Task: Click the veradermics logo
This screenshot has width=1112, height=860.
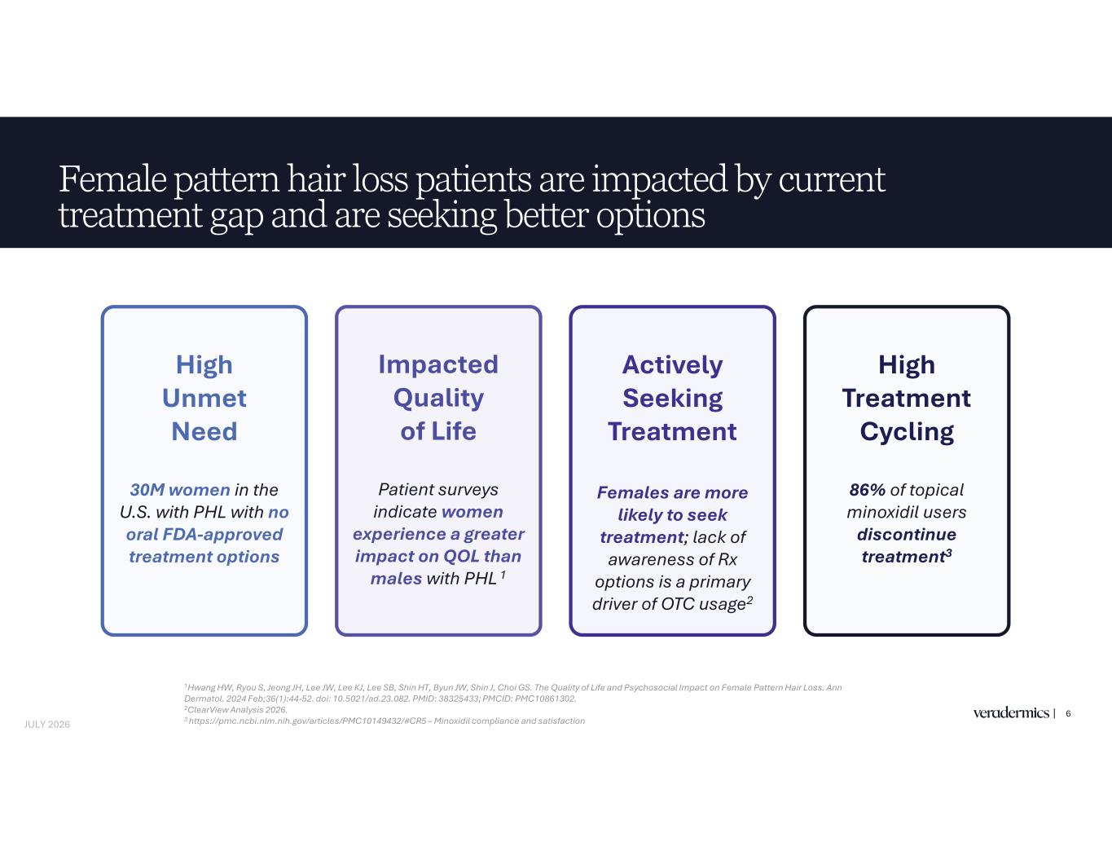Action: pos(1011,712)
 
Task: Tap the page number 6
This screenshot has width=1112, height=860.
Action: pos(1068,713)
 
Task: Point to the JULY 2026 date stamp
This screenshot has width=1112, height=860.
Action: pos(47,725)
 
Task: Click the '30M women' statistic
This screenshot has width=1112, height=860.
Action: pos(179,490)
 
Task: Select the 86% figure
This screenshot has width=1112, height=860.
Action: pos(867,490)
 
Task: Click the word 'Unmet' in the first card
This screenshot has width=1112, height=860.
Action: pos(204,399)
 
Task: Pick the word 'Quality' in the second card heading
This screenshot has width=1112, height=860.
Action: pos(438,399)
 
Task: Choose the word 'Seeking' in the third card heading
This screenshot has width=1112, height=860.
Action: pos(672,399)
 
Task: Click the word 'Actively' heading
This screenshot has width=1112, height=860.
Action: pos(672,365)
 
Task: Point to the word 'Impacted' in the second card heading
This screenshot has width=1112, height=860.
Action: pos(438,365)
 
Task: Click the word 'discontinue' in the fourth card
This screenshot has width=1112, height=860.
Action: pos(907,535)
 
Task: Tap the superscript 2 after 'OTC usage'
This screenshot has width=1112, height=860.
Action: pos(749,599)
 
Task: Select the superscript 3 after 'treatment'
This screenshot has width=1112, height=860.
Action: pos(949,553)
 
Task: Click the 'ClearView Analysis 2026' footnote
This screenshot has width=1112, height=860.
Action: pos(236,709)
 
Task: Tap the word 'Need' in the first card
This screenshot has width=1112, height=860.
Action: pos(204,431)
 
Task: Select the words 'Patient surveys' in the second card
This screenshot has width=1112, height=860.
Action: pos(438,490)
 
